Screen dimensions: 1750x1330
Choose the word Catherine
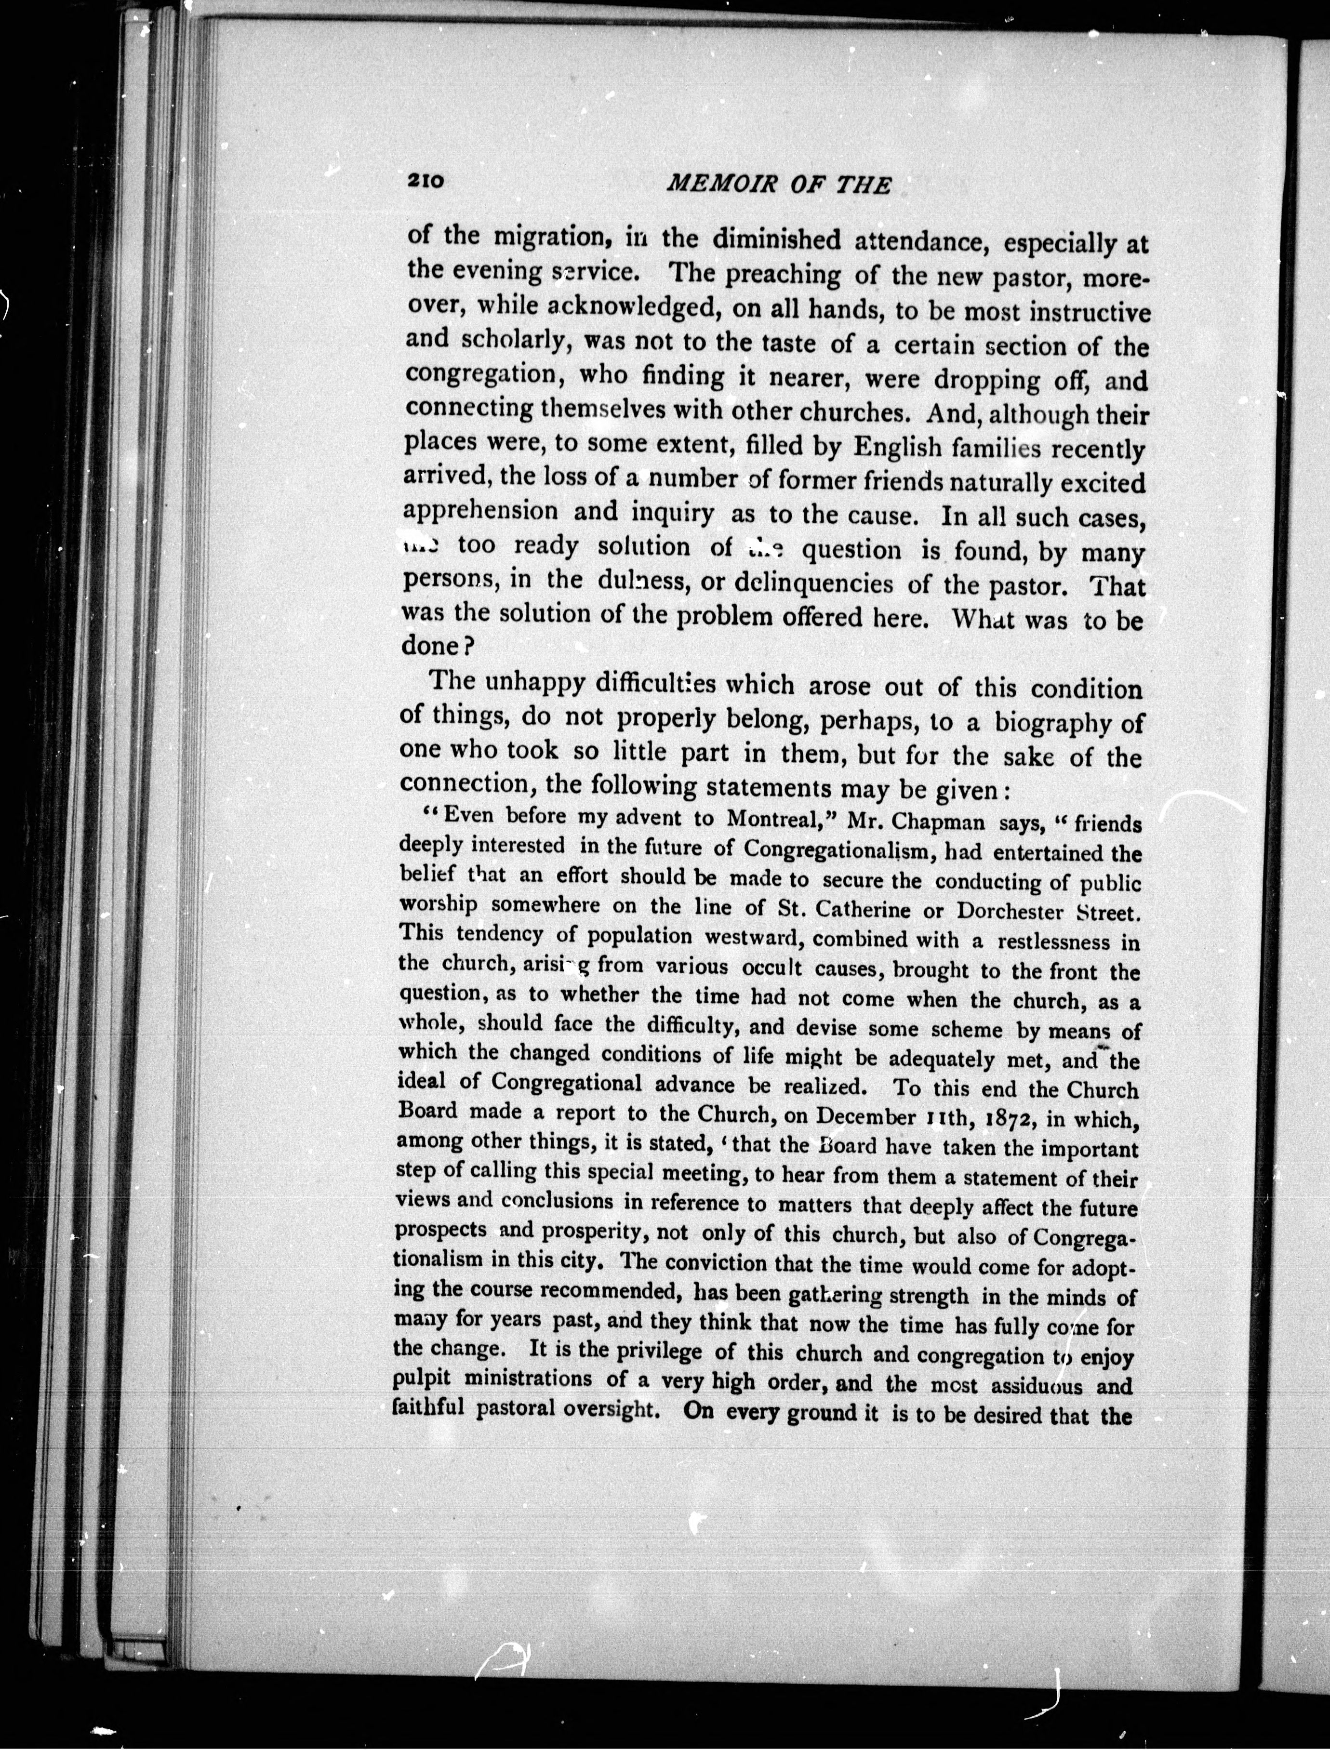[851, 909]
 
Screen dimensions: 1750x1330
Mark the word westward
[753, 938]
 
